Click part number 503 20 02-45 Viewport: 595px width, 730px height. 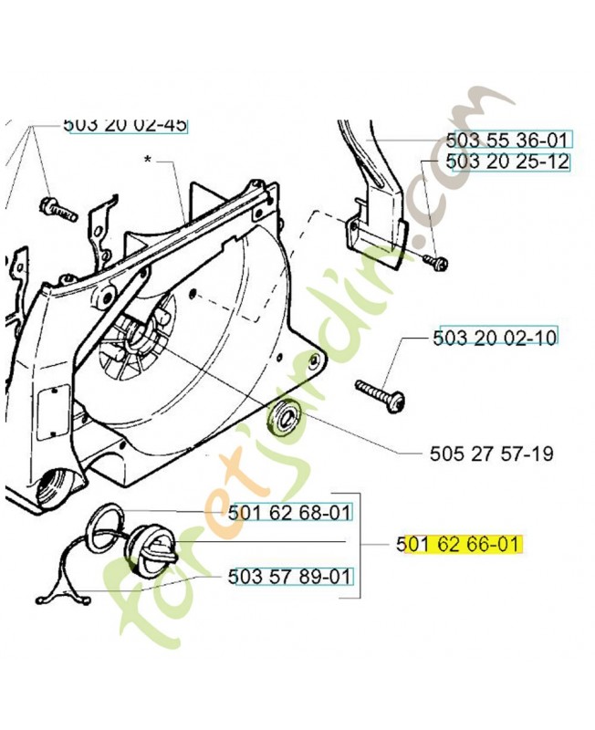pyautogui.click(x=125, y=125)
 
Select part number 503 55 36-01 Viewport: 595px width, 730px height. pyautogui.click(x=506, y=141)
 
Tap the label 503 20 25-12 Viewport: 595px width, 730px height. pyautogui.click(x=507, y=162)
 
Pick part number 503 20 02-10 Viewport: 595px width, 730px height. pyautogui.click(x=495, y=337)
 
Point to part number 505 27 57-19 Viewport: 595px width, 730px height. pyautogui.click(x=492, y=453)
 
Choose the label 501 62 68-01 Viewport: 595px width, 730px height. pyautogui.click(x=289, y=513)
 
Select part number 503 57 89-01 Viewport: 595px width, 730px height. pyautogui.click(x=289, y=577)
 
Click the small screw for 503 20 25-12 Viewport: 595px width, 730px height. pyautogui.click(x=437, y=262)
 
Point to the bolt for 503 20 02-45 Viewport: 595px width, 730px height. pyautogui.click(x=58, y=208)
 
